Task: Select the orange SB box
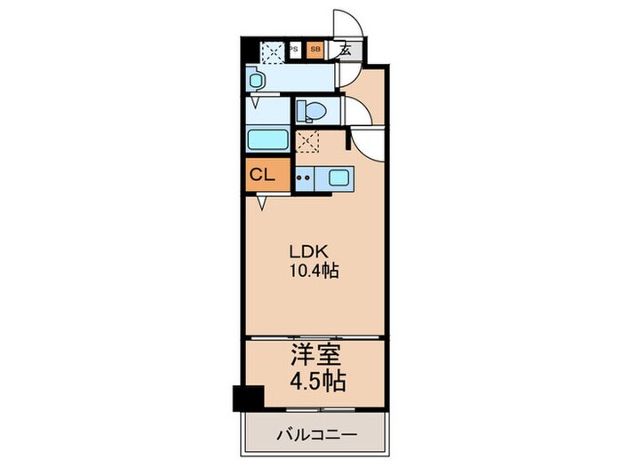pos(315,51)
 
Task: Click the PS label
pos(293,51)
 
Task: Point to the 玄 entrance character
pos(345,51)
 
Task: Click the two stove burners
pos(304,177)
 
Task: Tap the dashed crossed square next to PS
pos(273,52)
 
